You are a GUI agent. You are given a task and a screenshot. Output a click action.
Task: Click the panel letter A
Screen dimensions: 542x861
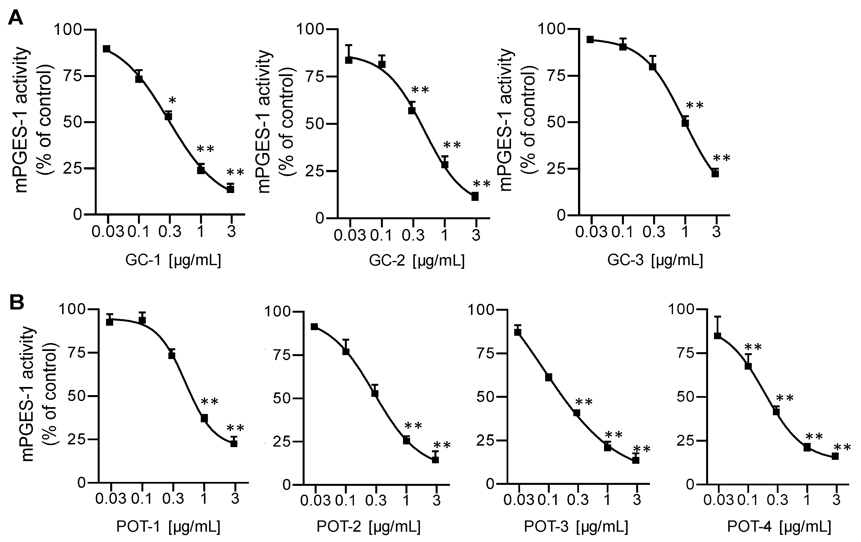click(x=15, y=17)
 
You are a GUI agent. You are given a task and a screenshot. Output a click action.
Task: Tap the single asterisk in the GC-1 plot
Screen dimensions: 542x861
click(x=172, y=100)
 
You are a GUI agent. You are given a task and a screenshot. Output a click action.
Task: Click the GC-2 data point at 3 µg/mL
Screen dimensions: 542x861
click(x=475, y=196)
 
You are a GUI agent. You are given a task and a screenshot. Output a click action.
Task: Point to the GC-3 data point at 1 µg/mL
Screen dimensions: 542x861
click(x=685, y=123)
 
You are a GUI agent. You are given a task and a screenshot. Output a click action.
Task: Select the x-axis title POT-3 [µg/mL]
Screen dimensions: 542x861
click(x=576, y=527)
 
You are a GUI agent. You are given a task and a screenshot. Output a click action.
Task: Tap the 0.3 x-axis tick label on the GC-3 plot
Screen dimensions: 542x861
click(x=654, y=232)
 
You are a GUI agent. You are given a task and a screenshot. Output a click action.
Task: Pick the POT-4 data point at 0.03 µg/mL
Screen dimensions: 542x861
click(x=717, y=336)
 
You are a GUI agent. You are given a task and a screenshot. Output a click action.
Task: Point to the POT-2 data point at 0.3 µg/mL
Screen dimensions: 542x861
click(x=375, y=393)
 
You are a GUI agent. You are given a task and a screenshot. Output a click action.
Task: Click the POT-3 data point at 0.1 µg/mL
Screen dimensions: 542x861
click(x=549, y=377)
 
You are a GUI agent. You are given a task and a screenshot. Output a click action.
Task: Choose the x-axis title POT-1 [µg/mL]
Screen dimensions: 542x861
click(x=168, y=527)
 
